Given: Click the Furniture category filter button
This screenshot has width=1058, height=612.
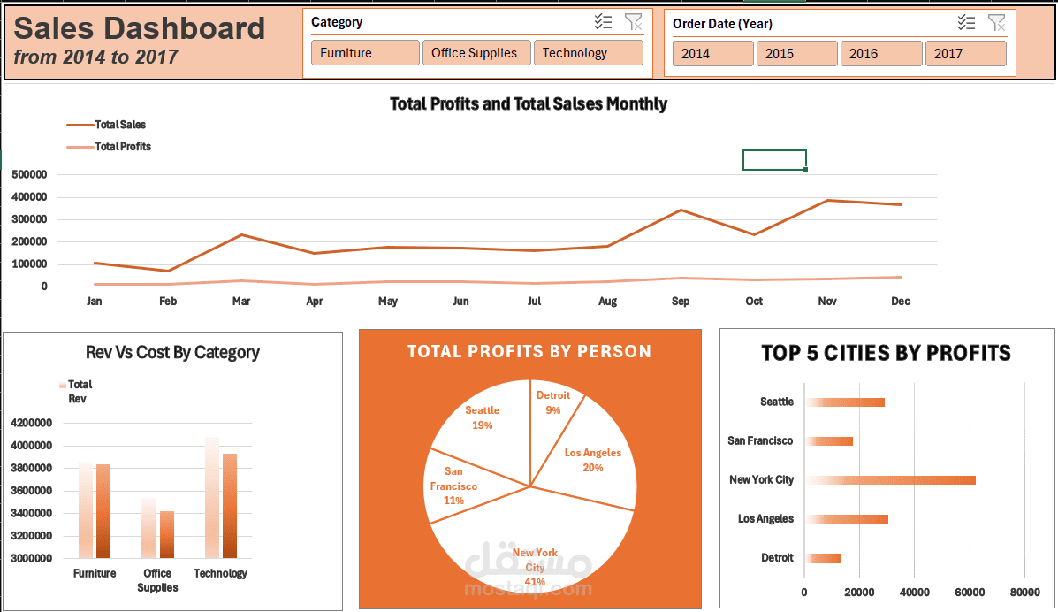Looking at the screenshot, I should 365,53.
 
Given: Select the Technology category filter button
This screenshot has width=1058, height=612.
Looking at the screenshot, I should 588,53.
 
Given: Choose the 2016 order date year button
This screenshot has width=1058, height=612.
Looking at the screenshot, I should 880,54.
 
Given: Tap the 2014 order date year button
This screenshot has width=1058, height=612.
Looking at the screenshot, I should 712,54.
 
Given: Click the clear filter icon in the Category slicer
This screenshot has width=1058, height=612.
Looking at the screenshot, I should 633,23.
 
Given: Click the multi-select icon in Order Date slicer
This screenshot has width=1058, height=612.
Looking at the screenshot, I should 967,24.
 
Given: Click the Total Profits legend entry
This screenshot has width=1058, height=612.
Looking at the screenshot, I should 122,147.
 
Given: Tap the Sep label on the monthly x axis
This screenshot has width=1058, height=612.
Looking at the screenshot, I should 681,302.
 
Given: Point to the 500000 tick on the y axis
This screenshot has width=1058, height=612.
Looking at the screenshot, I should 30,175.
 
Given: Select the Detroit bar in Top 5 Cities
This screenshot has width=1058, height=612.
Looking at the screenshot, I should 823,558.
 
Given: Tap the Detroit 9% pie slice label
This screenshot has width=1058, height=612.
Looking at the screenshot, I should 553,402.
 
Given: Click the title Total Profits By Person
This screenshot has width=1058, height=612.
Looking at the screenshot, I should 529,352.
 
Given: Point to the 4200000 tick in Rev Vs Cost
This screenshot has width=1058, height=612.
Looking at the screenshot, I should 30,423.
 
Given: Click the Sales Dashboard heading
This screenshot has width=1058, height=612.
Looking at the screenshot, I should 140,29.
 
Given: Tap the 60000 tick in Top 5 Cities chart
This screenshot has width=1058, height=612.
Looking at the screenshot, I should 970,592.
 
